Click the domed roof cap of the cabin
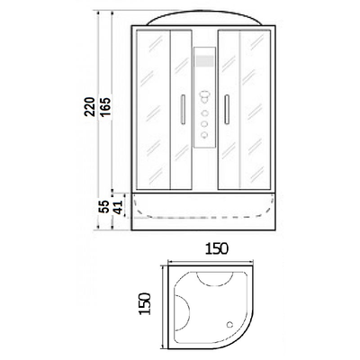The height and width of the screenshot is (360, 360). (204, 18)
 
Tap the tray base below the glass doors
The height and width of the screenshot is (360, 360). (204, 216)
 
